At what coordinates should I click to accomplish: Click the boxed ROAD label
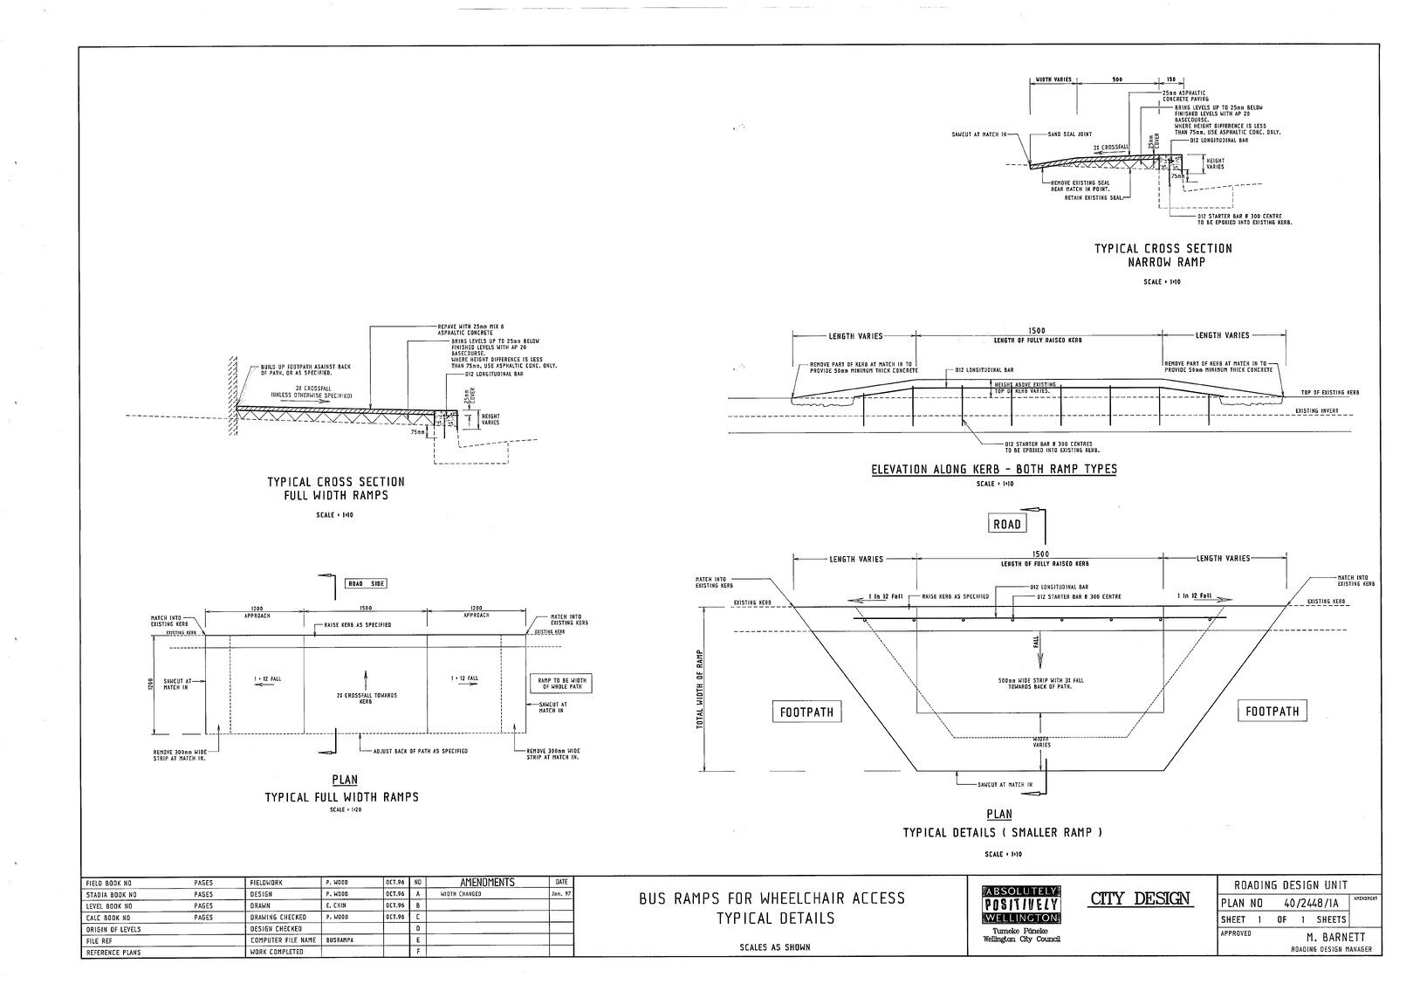1007,524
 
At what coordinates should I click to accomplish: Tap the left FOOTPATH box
806,712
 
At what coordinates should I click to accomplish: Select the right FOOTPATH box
1272,712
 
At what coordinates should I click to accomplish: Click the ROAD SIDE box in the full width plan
366,584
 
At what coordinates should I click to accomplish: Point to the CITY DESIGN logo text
1140,898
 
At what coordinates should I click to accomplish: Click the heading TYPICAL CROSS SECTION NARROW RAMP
1163,255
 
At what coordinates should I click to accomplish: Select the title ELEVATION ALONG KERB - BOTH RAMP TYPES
994,469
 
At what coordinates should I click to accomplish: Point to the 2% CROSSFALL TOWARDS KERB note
367,698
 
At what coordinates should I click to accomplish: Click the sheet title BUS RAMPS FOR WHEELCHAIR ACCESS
772,898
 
